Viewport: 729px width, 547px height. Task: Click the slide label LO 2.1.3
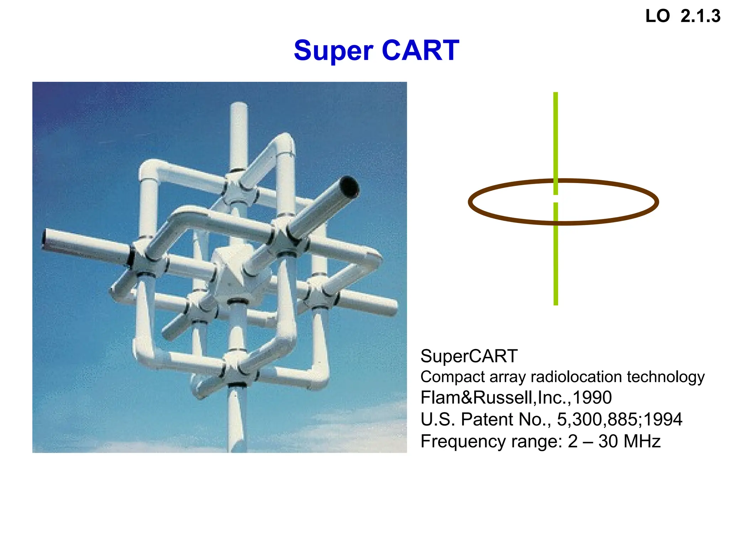[683, 16]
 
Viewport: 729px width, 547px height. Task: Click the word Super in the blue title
[333, 51]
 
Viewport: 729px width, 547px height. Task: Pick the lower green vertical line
[556, 256]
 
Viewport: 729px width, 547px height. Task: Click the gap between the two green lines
[556, 199]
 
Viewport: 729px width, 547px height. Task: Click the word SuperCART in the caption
[469, 356]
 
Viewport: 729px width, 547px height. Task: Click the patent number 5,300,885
[599, 419]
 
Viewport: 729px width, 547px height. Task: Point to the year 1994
[663, 419]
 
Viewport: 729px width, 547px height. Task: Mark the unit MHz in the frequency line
[642, 441]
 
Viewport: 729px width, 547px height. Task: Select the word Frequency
[463, 442]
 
